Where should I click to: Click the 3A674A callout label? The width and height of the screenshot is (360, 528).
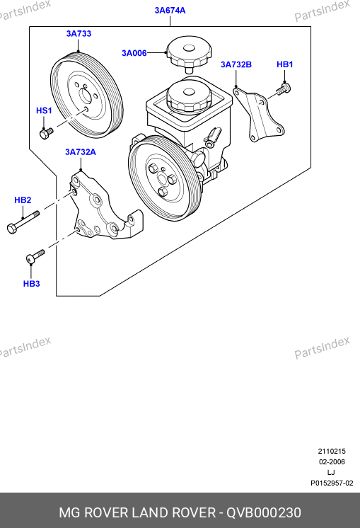coord(170,11)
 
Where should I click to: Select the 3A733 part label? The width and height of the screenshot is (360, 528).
coord(79,34)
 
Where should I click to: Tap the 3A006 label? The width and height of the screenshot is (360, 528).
coord(134,53)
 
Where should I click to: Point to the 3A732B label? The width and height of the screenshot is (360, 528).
coord(236,64)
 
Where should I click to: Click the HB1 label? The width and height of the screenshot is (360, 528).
coord(284,64)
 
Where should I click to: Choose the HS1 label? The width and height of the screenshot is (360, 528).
coord(44,110)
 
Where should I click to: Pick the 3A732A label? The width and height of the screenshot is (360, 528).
coord(81,152)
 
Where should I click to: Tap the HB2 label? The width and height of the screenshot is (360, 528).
coord(23,200)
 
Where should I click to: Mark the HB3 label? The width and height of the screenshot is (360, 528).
coord(32,284)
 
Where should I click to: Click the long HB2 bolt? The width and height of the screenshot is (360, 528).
coord(23,222)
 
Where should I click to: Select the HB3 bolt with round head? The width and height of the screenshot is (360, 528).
coord(35,257)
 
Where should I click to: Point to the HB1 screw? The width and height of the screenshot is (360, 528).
coord(284,89)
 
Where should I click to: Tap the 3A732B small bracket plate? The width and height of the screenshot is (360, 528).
coord(259,114)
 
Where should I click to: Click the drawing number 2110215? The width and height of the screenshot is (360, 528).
coord(332,452)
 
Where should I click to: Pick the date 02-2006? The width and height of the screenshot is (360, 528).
coord(332,462)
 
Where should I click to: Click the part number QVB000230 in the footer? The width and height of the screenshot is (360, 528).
coord(263,513)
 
